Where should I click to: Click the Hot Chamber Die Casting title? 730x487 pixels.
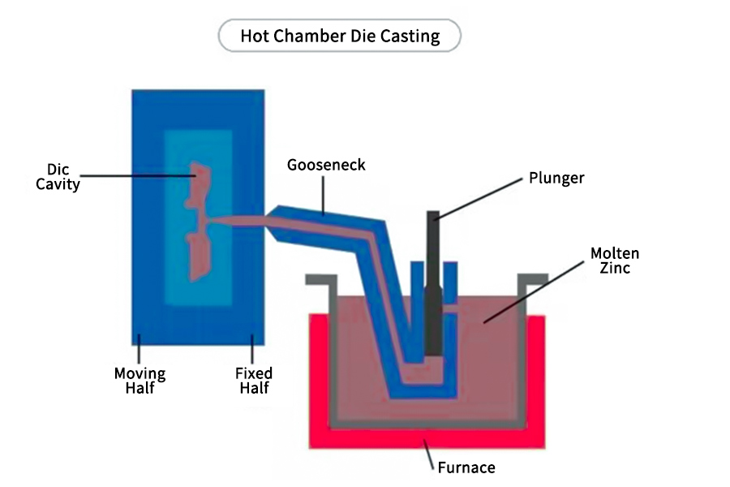click(340, 36)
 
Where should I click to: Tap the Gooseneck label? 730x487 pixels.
click(326, 165)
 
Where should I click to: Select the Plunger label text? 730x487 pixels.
click(556, 177)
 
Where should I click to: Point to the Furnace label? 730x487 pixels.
click(466, 467)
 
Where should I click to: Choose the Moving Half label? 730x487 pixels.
click(140, 381)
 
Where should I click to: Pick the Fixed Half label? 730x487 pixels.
click(253, 381)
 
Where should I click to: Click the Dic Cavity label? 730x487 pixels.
click(58, 177)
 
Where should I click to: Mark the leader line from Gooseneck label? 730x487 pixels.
click(324, 195)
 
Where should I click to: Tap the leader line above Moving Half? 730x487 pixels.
click(139, 352)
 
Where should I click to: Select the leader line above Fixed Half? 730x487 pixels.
click(252, 352)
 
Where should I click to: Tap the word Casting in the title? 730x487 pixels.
click(410, 36)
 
